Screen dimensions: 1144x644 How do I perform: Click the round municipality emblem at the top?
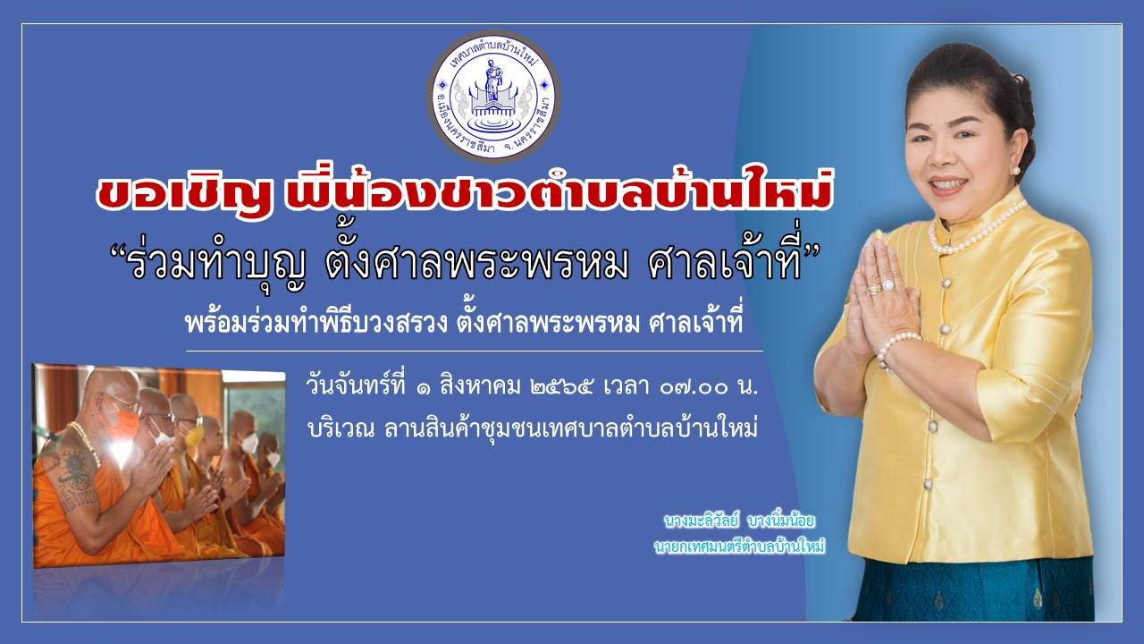point(493,97)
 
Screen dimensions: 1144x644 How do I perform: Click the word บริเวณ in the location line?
point(341,428)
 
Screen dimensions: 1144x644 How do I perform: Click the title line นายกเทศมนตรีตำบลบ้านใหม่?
point(739,547)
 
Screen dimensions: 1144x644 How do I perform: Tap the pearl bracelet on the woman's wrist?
point(898,349)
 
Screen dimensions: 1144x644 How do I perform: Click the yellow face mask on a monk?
point(194,436)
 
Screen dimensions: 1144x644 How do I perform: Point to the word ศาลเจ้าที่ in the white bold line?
point(695,323)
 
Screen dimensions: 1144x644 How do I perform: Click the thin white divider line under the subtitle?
point(475,352)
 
